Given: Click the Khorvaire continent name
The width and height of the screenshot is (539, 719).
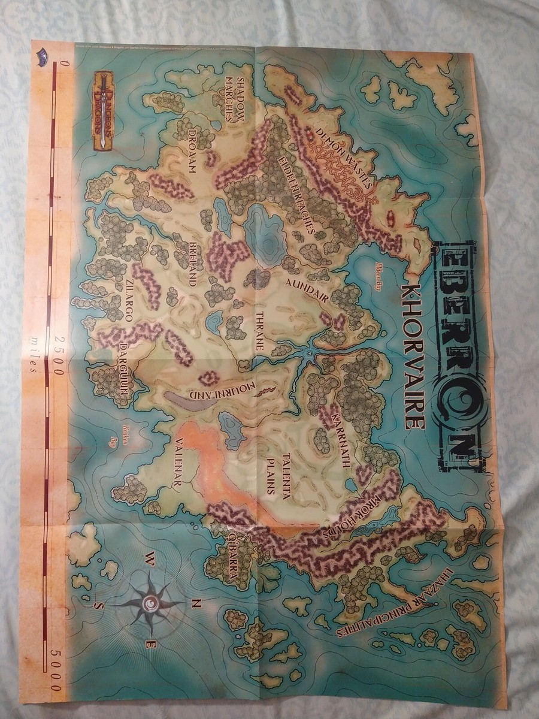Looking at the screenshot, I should coord(413,356).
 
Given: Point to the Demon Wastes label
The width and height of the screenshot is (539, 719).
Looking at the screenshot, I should coord(344,155).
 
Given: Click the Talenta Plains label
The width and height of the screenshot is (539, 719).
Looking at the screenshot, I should coord(280,474).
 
